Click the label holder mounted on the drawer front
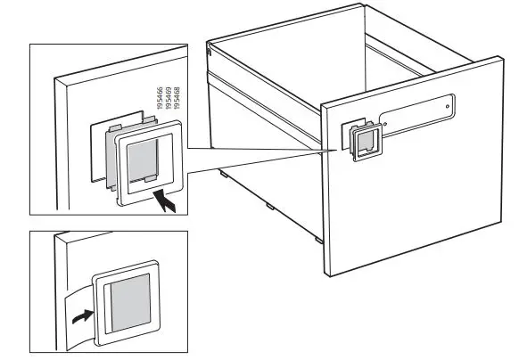(x=366, y=143)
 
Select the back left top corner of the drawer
(x=208, y=41)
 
